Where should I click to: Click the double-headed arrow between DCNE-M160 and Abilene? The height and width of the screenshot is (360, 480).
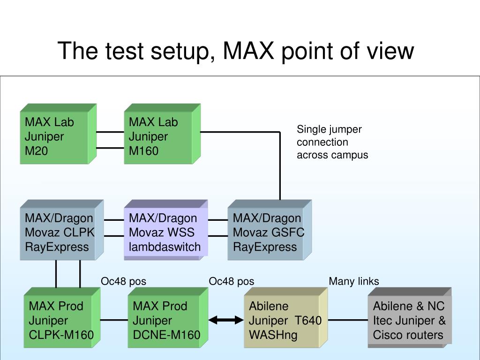[x=227, y=321]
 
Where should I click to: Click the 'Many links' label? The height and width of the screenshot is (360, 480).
[x=353, y=281]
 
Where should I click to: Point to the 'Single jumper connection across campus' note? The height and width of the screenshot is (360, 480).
[x=332, y=142]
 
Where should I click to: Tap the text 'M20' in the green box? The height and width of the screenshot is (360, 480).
[x=36, y=151]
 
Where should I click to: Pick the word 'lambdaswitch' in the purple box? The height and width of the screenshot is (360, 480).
[x=165, y=247]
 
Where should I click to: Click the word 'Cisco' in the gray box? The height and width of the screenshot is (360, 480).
[x=387, y=335]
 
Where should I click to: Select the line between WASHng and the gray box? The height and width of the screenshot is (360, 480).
[x=348, y=321]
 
